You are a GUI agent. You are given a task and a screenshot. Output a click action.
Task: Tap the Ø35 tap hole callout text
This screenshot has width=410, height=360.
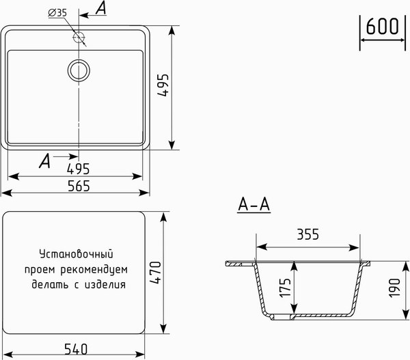[57, 13]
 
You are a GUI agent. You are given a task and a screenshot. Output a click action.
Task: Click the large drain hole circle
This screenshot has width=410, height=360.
[79, 69]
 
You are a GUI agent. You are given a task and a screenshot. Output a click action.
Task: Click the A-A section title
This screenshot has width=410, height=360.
[254, 204]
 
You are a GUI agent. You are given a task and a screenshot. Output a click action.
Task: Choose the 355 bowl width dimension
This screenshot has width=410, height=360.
[308, 235]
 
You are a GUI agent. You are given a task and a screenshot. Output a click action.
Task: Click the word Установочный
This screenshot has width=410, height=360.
[75, 253]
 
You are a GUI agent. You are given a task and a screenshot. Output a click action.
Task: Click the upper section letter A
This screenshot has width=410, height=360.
[100, 8]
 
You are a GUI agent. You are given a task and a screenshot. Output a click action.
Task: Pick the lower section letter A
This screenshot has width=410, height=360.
[45, 161]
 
